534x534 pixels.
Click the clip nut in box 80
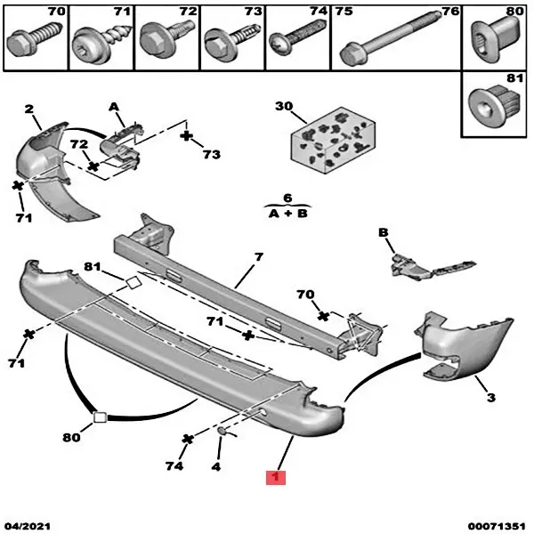click(489, 37)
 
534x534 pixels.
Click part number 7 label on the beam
click(257, 258)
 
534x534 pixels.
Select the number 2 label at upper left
click(28, 109)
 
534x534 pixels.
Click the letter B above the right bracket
click(384, 233)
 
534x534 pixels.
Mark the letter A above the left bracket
click(114, 106)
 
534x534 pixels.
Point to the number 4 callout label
click(215, 465)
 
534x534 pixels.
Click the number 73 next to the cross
click(211, 154)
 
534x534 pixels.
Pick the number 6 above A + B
click(287, 198)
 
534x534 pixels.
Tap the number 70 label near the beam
click(305, 294)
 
